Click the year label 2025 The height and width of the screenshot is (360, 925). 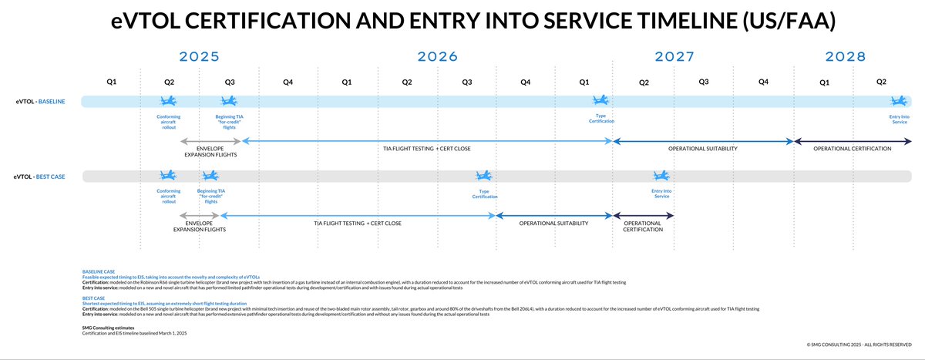click(199, 56)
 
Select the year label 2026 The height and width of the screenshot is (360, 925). click(437, 56)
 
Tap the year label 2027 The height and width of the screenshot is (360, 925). click(674, 56)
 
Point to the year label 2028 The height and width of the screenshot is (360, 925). click(845, 56)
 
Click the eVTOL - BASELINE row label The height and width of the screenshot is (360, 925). click(39, 101)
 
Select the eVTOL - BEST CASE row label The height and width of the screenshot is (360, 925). click(39, 177)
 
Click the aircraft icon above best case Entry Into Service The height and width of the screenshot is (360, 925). click(661, 177)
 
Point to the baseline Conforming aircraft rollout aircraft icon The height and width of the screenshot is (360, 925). click(169, 101)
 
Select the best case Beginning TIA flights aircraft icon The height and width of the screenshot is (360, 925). click(210, 177)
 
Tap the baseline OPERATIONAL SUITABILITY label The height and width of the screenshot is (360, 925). click(702, 148)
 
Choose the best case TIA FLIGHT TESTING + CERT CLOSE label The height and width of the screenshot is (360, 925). click(357, 224)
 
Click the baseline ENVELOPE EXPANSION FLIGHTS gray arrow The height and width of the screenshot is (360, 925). click(210, 141)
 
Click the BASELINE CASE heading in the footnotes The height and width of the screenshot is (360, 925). click(99, 271)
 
